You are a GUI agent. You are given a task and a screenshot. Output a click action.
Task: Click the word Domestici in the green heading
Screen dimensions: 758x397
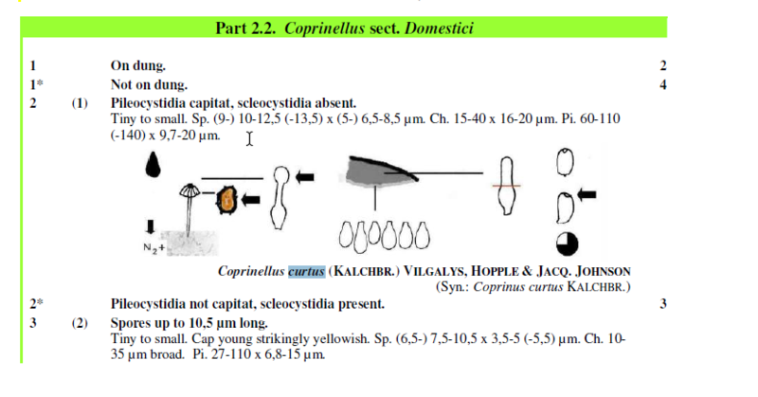439,28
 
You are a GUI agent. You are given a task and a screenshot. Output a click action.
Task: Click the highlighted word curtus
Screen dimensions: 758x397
306,271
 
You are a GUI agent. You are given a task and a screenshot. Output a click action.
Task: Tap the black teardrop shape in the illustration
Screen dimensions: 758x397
153,165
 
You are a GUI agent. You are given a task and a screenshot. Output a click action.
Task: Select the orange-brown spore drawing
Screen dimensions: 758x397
226,200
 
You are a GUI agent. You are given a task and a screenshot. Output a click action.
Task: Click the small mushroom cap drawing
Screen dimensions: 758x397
189,190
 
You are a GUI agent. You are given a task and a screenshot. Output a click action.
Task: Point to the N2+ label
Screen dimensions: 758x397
153,248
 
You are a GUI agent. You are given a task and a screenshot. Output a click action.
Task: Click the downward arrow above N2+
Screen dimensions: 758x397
151,226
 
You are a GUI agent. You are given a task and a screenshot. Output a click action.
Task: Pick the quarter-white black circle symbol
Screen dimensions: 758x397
567,244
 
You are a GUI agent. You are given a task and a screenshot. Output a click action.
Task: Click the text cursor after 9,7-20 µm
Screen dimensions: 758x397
249,138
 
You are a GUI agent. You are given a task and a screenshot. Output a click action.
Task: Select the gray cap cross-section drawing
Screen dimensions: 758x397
381,172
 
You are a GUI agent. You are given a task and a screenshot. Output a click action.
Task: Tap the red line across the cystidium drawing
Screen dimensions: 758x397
506,186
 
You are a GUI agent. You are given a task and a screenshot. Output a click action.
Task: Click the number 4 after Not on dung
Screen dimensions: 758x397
662,85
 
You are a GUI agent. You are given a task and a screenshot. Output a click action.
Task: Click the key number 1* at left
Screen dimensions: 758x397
36,84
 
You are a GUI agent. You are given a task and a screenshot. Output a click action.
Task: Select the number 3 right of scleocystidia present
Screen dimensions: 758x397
663,304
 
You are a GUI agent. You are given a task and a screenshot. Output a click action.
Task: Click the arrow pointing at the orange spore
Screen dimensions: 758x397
250,199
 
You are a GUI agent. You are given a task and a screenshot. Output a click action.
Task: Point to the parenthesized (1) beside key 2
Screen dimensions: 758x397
80,103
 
